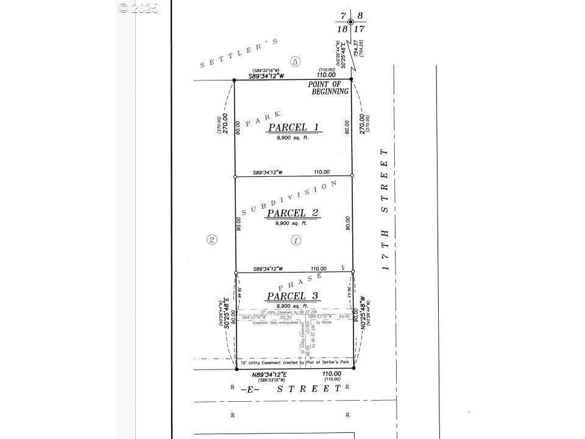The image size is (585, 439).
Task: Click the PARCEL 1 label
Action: [294, 128]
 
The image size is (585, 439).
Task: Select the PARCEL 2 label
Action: [294, 213]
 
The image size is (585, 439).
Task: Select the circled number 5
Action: [296, 62]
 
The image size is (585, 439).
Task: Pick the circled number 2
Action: [211, 239]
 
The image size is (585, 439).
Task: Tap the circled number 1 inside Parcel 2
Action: [296, 240]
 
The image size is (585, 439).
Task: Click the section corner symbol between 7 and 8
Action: [350, 22]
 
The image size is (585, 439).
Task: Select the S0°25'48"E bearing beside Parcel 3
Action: [226, 313]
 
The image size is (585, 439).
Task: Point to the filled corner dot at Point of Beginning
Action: [352, 79]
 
